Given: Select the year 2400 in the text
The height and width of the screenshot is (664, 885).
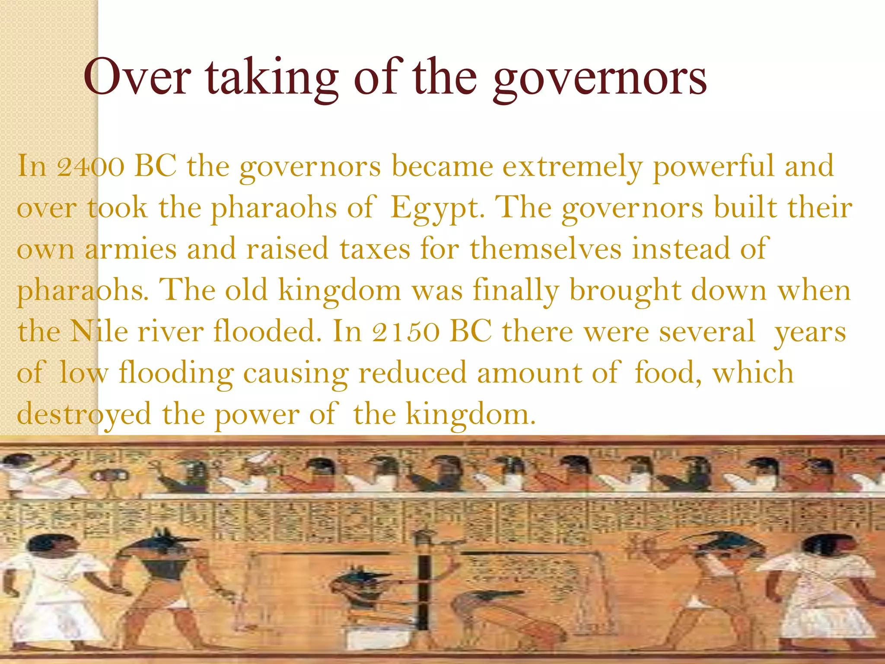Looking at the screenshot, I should pyautogui.click(x=91, y=166).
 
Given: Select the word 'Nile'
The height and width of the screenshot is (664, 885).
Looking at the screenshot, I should pyautogui.click(x=99, y=332).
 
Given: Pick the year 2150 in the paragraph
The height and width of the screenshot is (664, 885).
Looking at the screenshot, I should pyautogui.click(x=406, y=332).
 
